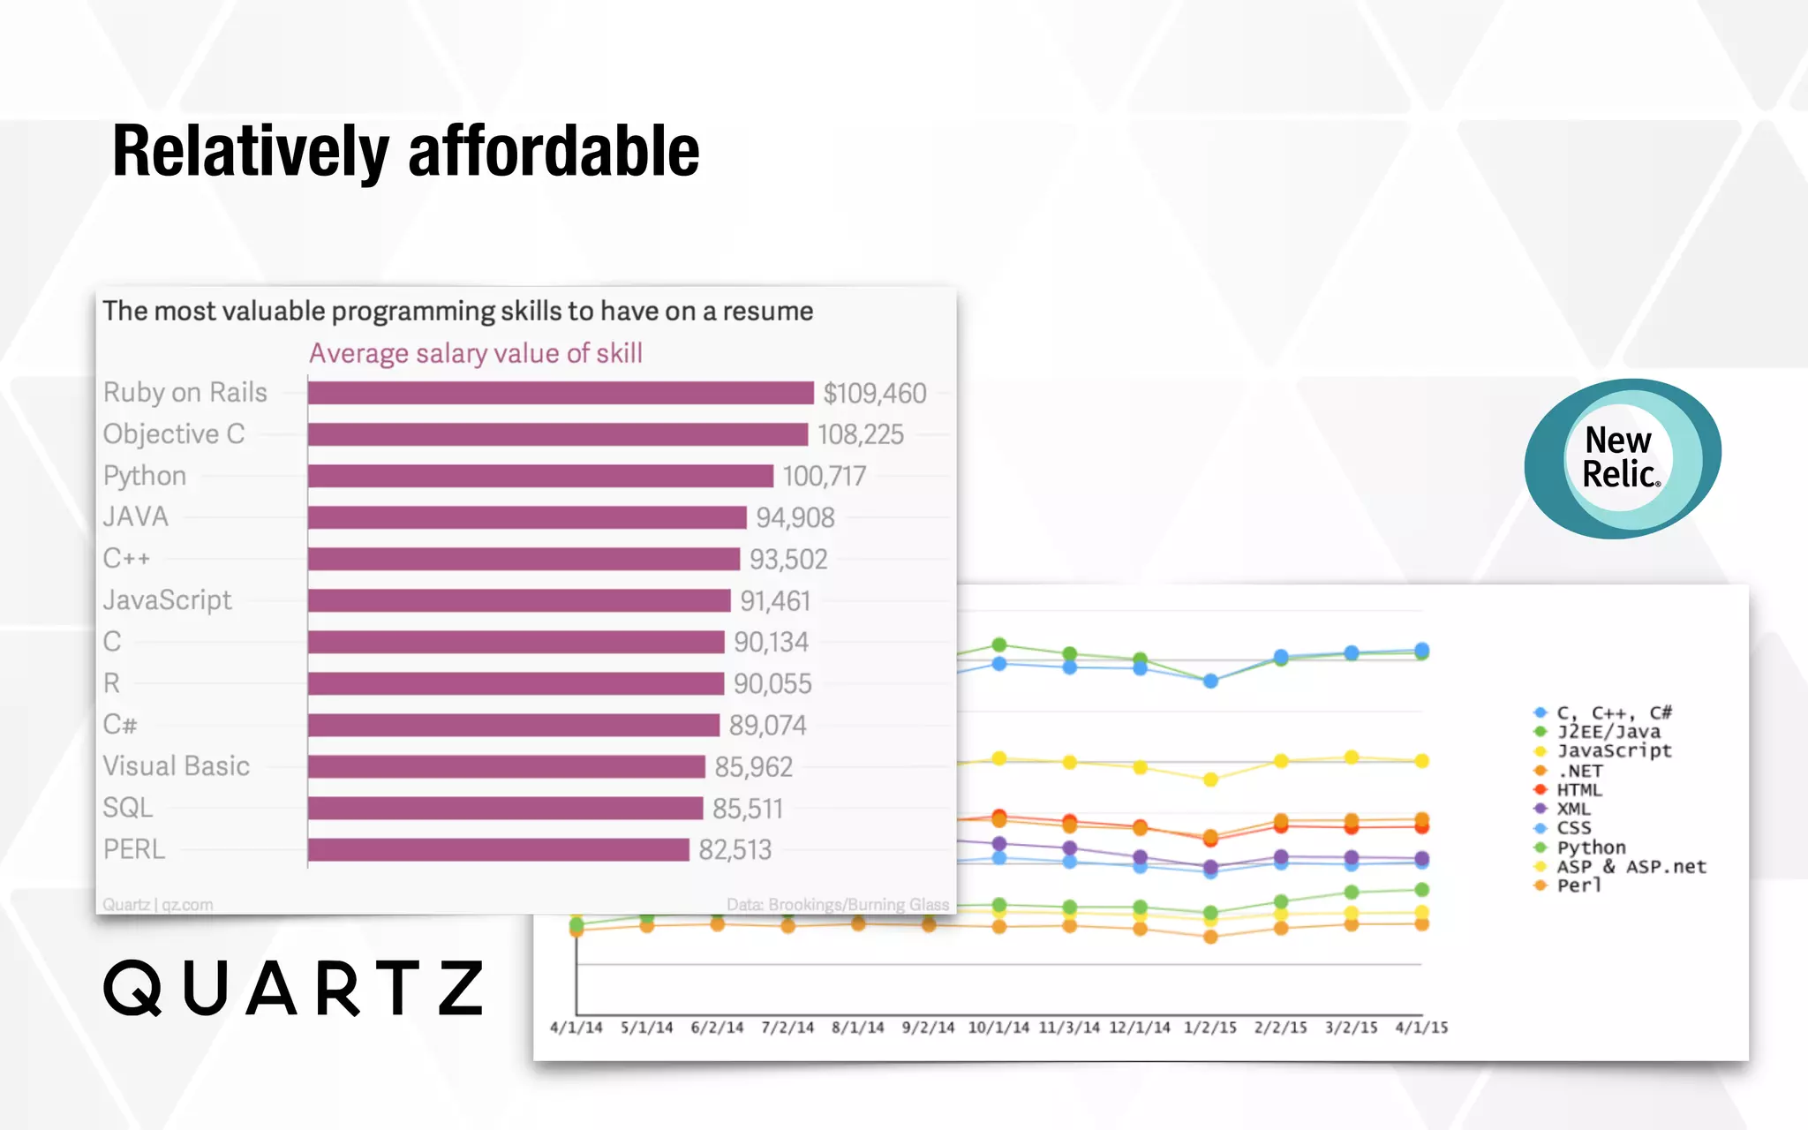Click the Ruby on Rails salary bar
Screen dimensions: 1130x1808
(561, 393)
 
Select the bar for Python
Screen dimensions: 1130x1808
(540, 476)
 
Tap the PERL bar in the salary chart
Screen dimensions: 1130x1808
(498, 849)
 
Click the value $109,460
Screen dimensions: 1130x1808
(874, 393)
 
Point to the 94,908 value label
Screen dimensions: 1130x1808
(795, 517)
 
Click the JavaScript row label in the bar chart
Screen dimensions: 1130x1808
(167, 600)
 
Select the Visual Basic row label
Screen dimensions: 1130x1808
(176, 766)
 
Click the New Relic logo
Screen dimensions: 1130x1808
(1622, 458)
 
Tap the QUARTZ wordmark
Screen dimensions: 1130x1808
(294, 988)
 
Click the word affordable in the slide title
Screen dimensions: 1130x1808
(554, 152)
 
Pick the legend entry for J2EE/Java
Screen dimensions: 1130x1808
(1608, 732)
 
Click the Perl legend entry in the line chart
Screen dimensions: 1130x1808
(1578, 885)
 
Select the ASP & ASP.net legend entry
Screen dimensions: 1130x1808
(1630, 867)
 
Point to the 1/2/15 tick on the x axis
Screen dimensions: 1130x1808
(1209, 1028)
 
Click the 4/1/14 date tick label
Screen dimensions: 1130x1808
(576, 1028)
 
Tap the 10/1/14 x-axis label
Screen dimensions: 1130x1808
(998, 1028)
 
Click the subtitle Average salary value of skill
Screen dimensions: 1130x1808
(475, 353)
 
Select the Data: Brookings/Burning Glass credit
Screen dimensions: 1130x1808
(837, 905)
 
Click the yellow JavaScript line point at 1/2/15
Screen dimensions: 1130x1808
(1210, 780)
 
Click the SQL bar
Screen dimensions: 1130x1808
(505, 808)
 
